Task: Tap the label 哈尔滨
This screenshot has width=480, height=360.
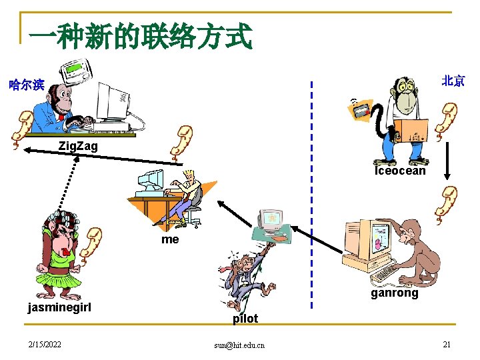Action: coord(26,85)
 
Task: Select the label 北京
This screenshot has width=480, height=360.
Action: coord(453,81)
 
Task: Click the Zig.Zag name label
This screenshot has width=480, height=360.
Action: coord(77,145)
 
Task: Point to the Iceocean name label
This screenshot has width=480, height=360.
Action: coord(399,171)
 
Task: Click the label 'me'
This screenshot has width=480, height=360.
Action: coord(170,239)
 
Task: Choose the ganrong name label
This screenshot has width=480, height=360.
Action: coord(394,293)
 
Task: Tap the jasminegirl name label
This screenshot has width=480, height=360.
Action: coord(59,307)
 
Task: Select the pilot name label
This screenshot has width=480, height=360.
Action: coord(245,319)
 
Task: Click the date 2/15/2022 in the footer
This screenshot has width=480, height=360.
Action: coord(44,344)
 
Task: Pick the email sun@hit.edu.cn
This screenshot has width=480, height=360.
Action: coord(239,345)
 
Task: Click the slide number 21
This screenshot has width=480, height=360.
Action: coord(447,344)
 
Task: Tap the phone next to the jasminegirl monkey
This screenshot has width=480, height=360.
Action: coord(91,243)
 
